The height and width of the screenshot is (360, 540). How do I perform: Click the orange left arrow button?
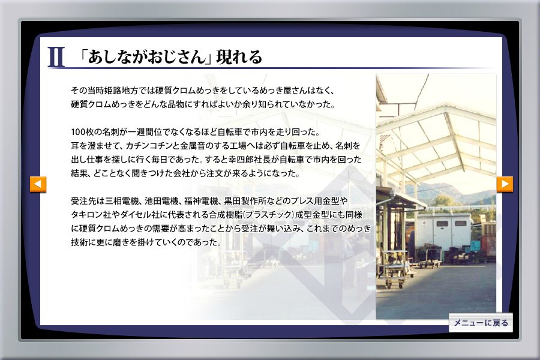click(x=38, y=184)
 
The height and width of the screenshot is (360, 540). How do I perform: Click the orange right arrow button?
click(x=505, y=184)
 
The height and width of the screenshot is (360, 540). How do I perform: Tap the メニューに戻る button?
click(x=481, y=323)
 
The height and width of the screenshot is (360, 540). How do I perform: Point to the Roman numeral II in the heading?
click(x=56, y=57)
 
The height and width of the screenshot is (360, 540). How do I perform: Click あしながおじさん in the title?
click(x=146, y=57)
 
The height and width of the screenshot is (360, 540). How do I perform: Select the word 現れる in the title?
click(x=239, y=57)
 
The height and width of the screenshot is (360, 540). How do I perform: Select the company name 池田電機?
click(x=161, y=201)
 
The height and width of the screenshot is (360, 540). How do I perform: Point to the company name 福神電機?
click(x=201, y=201)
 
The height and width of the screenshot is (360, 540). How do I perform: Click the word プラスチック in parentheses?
click(x=269, y=215)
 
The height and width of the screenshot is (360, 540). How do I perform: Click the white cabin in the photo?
click(x=443, y=232)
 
